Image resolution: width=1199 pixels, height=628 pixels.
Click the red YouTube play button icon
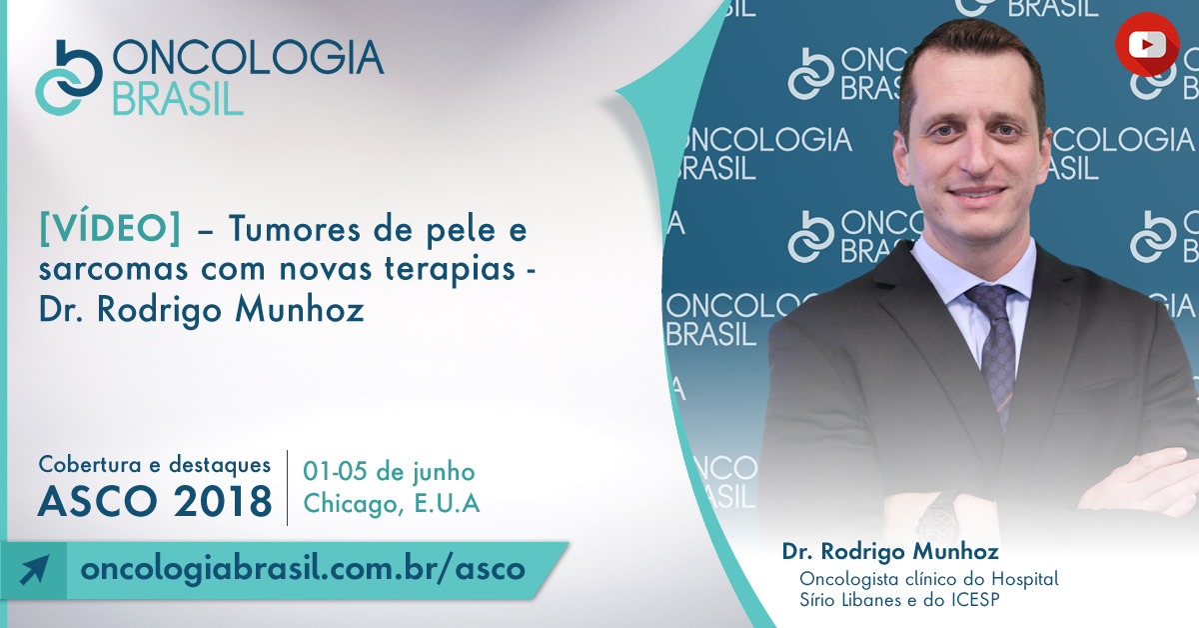click(x=1147, y=44)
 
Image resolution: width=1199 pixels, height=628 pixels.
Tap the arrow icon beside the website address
click(x=34, y=570)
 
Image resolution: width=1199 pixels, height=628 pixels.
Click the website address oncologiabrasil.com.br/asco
click(x=303, y=569)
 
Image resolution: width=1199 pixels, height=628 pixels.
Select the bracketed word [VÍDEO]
click(x=110, y=229)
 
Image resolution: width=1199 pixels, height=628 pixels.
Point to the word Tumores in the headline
click(x=295, y=229)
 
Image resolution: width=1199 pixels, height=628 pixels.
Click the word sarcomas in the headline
click(x=113, y=270)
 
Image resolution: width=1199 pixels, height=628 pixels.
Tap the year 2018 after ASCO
click(x=223, y=502)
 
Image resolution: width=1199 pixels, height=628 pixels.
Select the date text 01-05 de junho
click(x=389, y=472)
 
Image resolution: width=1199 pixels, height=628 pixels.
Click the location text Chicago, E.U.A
click(x=392, y=503)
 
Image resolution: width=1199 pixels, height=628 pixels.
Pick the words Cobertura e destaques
click(x=154, y=464)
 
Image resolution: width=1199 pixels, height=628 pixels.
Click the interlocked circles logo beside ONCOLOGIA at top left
click(x=69, y=77)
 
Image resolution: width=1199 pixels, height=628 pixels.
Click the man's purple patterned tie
click(x=994, y=354)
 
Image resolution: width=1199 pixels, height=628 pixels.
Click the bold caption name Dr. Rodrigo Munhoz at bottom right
click(x=890, y=551)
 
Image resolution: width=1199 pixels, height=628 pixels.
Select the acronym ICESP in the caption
click(x=975, y=600)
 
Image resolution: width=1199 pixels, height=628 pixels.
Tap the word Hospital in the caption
click(x=1025, y=579)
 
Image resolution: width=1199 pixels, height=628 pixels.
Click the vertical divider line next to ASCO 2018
click(x=288, y=488)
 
